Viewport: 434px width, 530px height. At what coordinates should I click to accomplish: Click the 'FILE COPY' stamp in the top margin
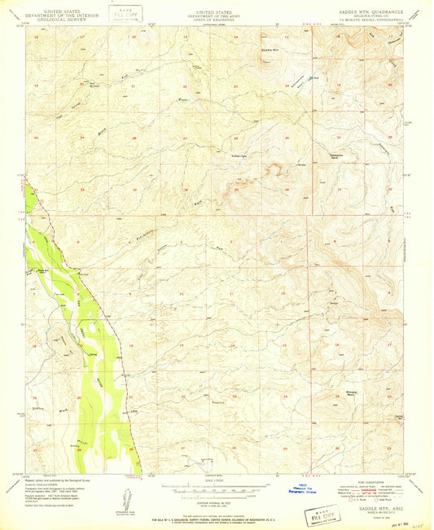point(125,15)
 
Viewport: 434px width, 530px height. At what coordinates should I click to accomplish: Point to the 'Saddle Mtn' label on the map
point(270,50)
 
